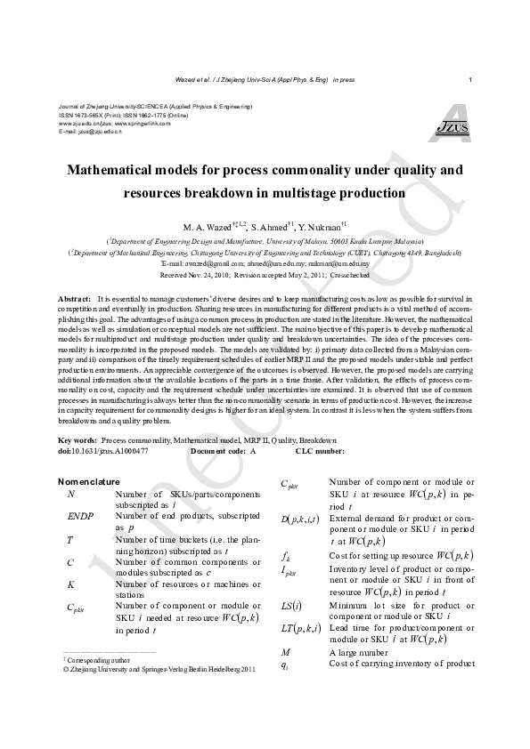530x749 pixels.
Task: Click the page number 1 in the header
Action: [x=469, y=80]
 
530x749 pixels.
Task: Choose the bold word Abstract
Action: [x=74, y=298]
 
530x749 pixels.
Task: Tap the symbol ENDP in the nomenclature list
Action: [x=79, y=516]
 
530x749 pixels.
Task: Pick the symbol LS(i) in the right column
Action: [x=290, y=608]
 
